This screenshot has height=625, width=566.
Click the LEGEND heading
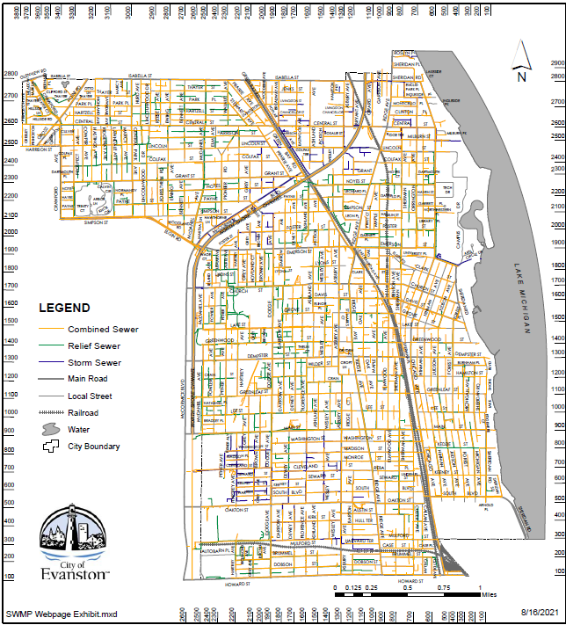point(63,308)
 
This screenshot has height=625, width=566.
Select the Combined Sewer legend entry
point(103,330)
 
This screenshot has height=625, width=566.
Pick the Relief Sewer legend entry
point(94,346)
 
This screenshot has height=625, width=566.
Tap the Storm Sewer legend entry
point(94,362)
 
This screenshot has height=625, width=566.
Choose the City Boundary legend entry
point(93,446)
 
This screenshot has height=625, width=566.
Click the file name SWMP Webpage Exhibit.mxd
point(61,612)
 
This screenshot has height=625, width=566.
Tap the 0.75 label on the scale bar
point(444,586)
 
